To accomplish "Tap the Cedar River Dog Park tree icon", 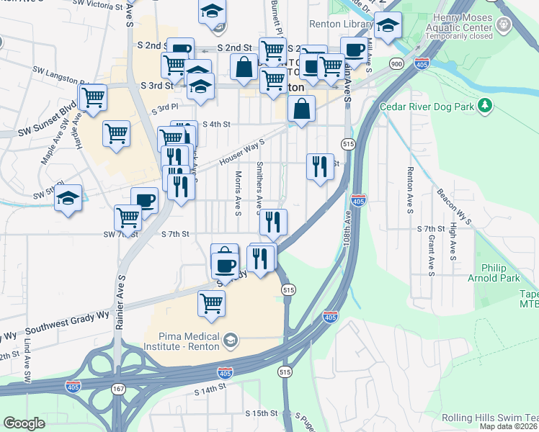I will tap(487, 107).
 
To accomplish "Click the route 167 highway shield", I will tap(117, 389).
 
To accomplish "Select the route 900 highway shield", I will tap(396, 64).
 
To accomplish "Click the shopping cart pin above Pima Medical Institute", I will tap(210, 303).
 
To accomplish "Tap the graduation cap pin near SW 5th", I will tap(68, 199).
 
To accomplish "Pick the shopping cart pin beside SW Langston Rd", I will tap(93, 97).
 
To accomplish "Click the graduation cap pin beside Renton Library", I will tap(388, 25).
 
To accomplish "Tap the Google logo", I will tap(24, 423).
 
